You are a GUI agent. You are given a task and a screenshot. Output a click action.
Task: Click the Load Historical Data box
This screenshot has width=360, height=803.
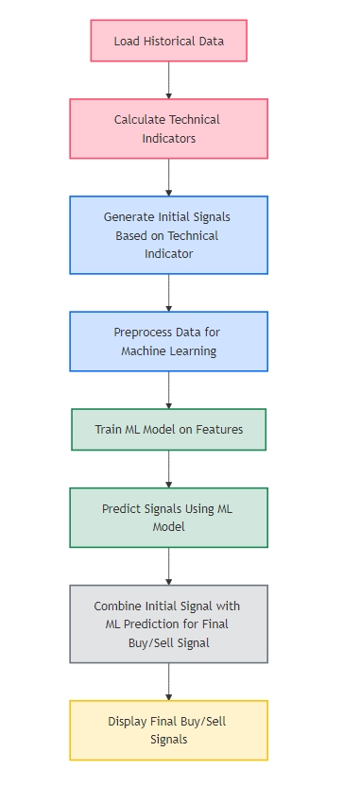[168, 41]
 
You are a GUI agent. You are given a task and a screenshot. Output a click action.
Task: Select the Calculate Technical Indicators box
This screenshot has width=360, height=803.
[168, 128]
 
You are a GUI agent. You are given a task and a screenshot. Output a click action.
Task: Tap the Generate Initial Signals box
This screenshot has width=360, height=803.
[168, 234]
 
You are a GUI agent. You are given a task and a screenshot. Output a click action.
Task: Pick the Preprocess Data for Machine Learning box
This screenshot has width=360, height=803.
[168, 341]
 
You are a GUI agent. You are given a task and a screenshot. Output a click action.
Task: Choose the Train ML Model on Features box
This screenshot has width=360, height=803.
[168, 429]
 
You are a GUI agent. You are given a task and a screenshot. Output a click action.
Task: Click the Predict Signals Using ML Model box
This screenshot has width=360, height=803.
[168, 517]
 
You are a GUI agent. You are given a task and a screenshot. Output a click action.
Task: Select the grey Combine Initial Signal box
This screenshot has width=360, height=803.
[168, 624]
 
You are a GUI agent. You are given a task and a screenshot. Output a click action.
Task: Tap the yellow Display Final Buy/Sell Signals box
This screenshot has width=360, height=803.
[168, 730]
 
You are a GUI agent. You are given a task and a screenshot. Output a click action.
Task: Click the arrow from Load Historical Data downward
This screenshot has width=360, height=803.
[169, 80]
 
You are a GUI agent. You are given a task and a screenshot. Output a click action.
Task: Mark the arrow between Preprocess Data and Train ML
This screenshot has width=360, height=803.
[169, 389]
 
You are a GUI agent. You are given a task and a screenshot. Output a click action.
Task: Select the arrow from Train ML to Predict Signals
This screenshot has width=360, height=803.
[169, 469]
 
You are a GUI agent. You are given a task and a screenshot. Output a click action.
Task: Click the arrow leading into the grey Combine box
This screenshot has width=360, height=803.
[169, 566]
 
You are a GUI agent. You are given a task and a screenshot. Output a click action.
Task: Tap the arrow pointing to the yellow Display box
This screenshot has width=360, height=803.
[169, 681]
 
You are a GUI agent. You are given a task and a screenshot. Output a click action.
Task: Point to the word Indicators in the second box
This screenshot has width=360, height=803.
[168, 138]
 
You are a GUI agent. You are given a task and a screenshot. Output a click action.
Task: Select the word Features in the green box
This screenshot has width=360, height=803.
[219, 429]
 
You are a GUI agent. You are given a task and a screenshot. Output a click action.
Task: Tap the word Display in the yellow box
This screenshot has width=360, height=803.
[127, 722]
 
